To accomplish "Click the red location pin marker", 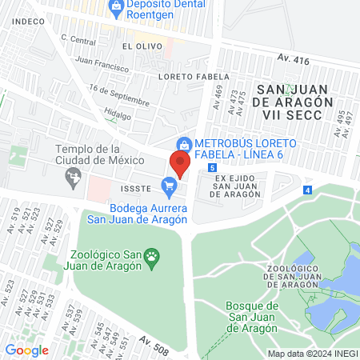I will click(x=179, y=164).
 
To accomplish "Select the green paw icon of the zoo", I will click(x=152, y=257).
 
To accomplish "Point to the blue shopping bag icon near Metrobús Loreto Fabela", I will click(x=184, y=143).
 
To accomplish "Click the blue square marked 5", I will click(x=211, y=168).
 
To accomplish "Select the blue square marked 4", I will click(x=308, y=190).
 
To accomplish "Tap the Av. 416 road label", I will click(x=294, y=59).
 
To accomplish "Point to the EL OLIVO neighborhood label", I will click(x=137, y=47).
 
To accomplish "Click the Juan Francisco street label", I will click(x=102, y=64).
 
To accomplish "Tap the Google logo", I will click(x=26, y=350).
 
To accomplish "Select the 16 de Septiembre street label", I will click(x=120, y=95).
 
